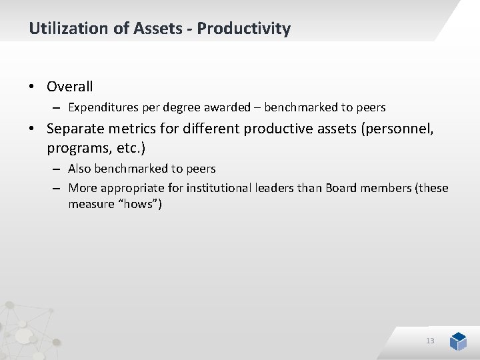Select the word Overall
click(70, 86)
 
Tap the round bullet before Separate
click(32, 129)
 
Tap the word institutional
click(217, 188)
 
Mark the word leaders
click(275, 188)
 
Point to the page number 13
click(430, 341)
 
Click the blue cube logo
click(458, 341)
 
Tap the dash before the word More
click(57, 188)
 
